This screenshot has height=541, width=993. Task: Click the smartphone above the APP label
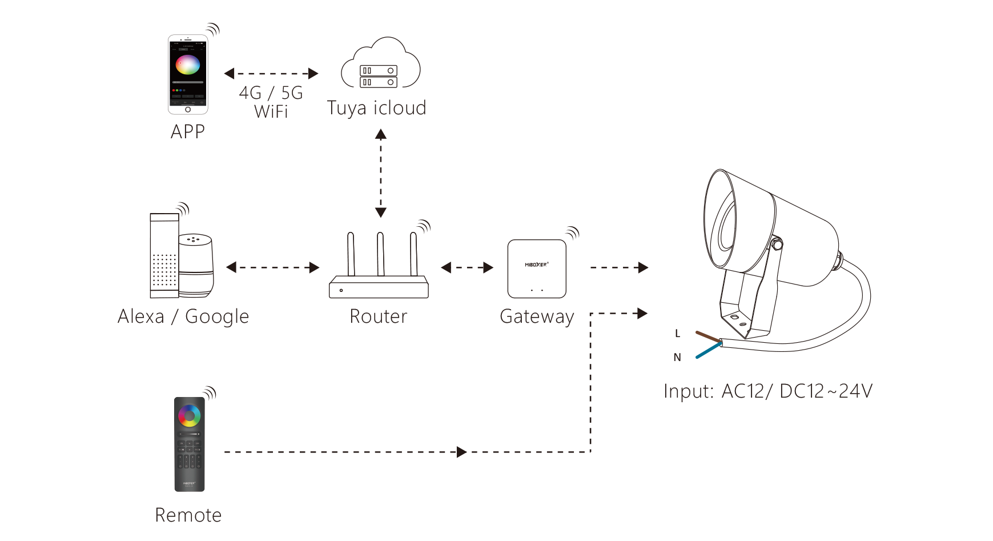coord(188,74)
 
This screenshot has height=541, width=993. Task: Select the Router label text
coord(379,316)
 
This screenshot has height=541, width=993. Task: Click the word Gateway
coord(537,316)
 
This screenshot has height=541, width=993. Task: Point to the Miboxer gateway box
coord(537,269)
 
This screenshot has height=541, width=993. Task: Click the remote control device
coord(189,444)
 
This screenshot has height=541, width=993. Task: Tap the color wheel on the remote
coord(189,415)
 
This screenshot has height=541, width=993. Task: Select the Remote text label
coord(188,515)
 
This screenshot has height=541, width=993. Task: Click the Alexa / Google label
coord(183,316)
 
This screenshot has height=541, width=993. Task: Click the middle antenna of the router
coord(380,254)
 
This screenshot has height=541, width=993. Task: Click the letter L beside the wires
coord(678,334)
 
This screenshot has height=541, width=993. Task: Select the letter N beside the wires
coord(677,358)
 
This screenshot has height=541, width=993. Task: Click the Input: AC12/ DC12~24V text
coord(768,391)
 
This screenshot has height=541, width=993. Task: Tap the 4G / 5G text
coord(271,93)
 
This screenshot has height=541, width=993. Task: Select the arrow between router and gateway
coord(467,267)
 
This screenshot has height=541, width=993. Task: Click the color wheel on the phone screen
coord(187,65)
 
